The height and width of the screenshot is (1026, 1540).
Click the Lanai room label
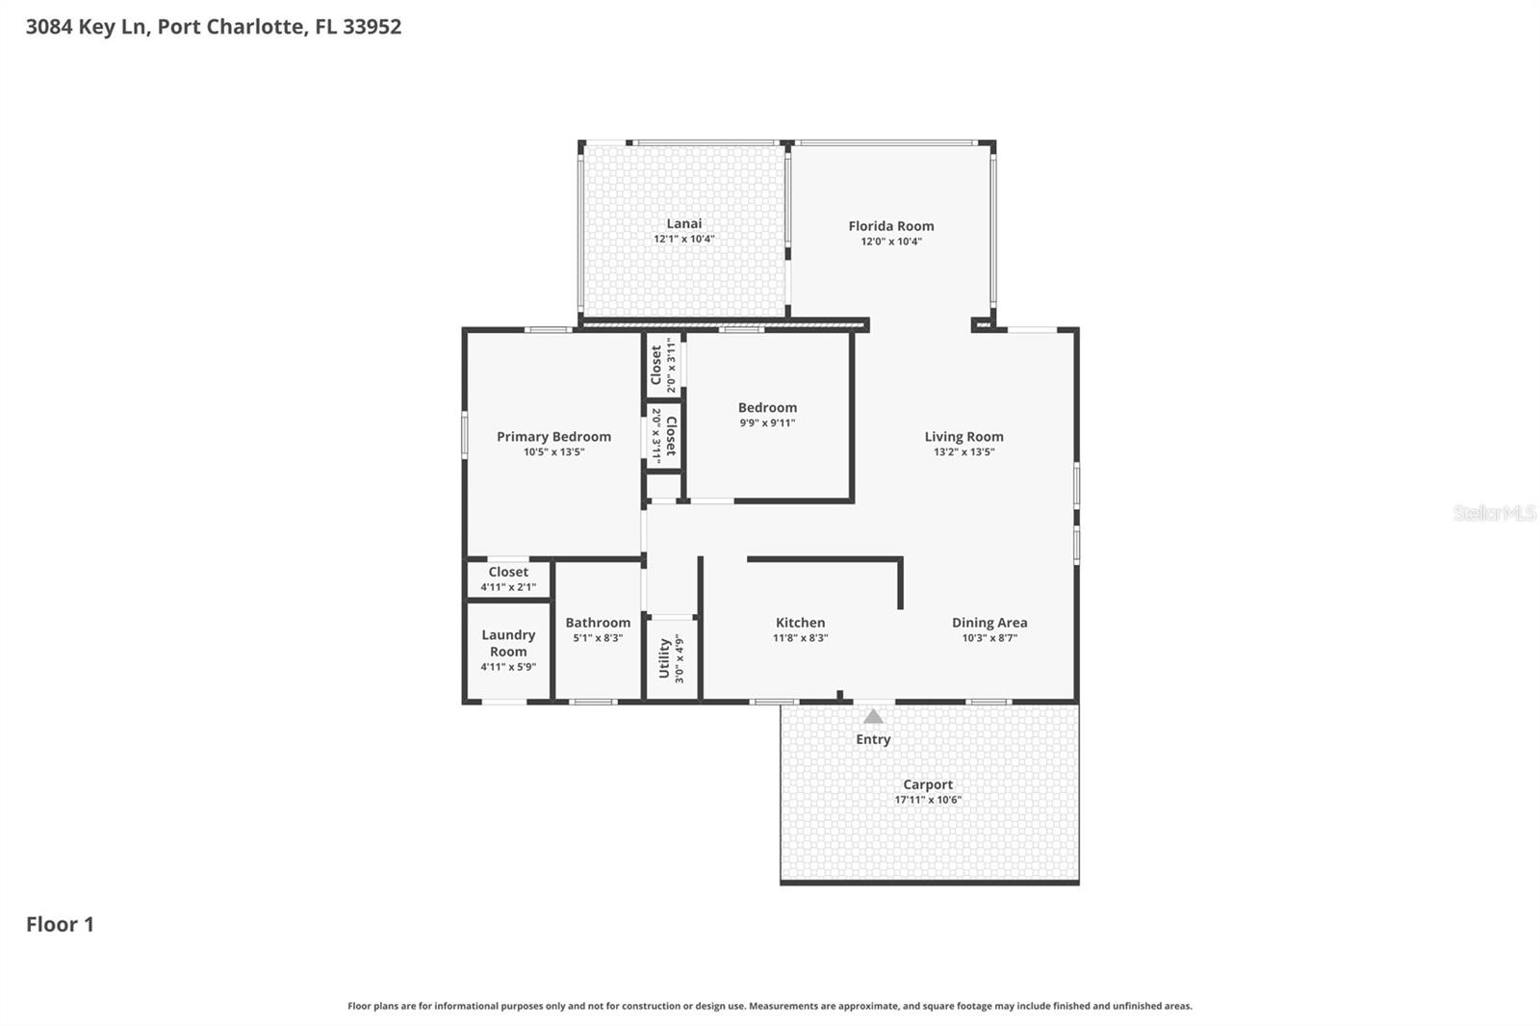683,223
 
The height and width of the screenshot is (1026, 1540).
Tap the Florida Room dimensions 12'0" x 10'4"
890,242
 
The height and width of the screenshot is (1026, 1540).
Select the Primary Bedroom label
553,436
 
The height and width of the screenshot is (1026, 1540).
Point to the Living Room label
963,436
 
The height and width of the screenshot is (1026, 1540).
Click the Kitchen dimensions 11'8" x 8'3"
800,638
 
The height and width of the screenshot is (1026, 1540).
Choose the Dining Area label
989,622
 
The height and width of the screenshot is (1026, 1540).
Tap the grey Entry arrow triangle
873,717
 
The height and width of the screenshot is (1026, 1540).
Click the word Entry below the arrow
873,739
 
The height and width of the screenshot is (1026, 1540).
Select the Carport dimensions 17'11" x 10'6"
928,800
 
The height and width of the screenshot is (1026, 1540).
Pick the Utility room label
664,659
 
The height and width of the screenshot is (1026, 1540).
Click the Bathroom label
598,622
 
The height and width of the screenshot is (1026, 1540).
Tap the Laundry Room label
508,643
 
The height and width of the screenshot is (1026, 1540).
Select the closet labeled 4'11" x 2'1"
508,578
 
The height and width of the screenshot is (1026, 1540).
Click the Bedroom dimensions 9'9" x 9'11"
767,423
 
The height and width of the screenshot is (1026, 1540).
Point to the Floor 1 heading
60,924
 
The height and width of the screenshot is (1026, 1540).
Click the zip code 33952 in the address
372,26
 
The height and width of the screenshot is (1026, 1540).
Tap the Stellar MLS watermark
1494,513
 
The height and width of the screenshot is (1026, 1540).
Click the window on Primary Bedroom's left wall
465,434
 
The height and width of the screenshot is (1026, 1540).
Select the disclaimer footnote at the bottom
769,1006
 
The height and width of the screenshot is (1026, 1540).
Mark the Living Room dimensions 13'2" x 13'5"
963,451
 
